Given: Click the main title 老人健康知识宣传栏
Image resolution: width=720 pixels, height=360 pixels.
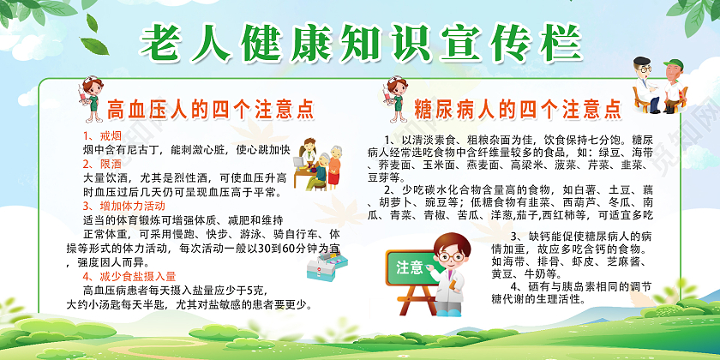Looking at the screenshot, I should (x=359, y=39).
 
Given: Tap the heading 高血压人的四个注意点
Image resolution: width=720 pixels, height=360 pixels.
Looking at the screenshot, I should (x=209, y=109).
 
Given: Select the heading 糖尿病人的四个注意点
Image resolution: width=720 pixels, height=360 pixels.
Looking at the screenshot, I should (x=518, y=109).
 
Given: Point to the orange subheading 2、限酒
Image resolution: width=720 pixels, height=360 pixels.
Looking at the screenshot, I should (x=101, y=163).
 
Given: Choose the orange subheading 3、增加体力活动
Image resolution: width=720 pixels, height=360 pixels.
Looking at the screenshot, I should (x=124, y=206).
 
